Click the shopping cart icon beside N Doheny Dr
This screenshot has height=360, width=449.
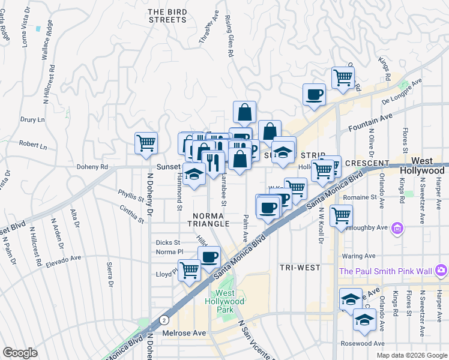pyautogui.click(x=146, y=143)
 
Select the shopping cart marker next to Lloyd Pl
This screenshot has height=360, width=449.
pyautogui.click(x=190, y=270)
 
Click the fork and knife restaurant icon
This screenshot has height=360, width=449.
pyautogui.click(x=212, y=163)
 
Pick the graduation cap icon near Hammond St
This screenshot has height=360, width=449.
pyautogui.click(x=194, y=175)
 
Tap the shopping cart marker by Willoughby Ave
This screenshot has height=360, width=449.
pyautogui.click(x=341, y=215)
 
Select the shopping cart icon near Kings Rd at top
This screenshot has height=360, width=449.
pyautogui.click(x=343, y=77)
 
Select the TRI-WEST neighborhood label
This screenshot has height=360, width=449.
pyautogui.click(x=300, y=267)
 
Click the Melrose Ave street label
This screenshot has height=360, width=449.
pyautogui.click(x=184, y=332)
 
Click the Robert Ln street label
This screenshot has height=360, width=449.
pyautogui.click(x=32, y=145)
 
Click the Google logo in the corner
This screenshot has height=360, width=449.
pyautogui.click(x=20, y=353)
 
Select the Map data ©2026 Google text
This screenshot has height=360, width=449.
pyautogui.click(x=411, y=355)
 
